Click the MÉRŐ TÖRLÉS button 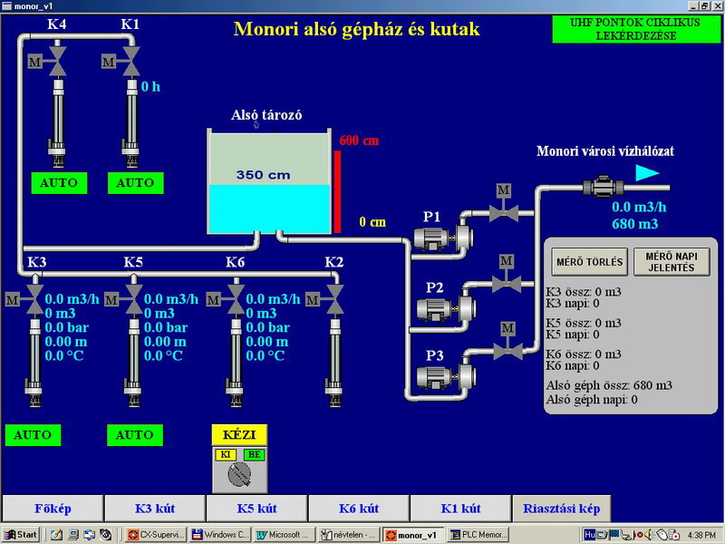point(589,263)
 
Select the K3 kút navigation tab point(155,508)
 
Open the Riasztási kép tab point(561,508)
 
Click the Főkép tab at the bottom point(53,508)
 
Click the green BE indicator point(255,453)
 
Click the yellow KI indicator point(225,453)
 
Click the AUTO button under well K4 point(59,183)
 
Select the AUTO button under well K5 point(136,435)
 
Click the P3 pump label point(434,355)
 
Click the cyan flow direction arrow point(646,173)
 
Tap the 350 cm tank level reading point(265,174)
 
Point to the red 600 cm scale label point(359,141)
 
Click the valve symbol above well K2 point(334,296)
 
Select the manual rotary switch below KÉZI point(239,472)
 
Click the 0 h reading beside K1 point(150,87)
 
